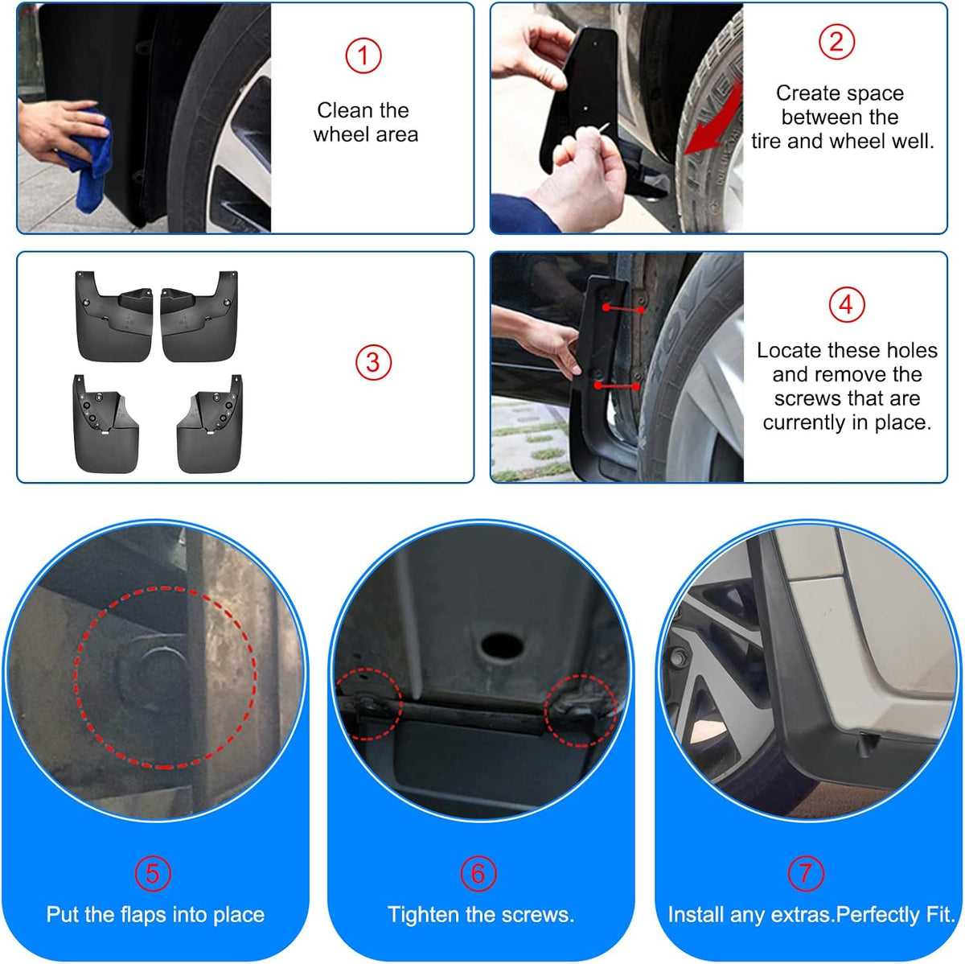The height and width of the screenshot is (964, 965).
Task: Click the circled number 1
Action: [363, 56]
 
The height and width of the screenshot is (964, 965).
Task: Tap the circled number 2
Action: [836, 42]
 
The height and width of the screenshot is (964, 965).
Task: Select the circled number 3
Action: [373, 362]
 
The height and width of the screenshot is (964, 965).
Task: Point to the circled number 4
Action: [846, 304]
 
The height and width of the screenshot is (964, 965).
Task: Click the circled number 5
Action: [153, 873]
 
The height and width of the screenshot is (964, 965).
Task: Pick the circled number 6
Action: [478, 873]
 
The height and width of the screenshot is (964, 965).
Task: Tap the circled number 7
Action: [806, 873]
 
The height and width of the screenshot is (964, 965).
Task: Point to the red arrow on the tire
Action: [713, 119]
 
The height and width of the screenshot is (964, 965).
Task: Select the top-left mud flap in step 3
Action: [114, 317]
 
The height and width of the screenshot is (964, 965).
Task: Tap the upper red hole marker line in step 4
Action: [623, 309]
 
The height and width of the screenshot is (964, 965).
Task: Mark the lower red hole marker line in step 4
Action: [617, 386]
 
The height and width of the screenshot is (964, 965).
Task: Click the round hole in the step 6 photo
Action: [502, 645]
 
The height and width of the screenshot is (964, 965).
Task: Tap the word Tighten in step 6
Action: [424, 915]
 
